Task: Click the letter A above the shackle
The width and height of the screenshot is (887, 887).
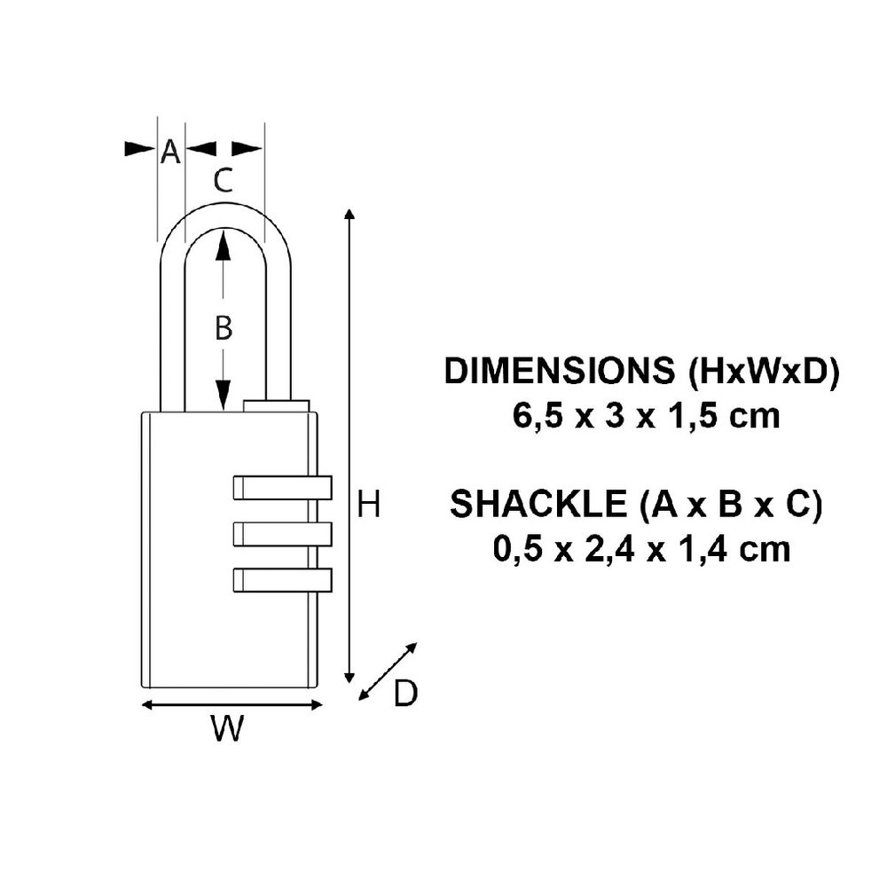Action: tap(170, 153)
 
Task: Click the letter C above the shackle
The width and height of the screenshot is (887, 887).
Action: tap(224, 181)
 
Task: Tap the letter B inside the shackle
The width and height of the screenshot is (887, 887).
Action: tap(224, 328)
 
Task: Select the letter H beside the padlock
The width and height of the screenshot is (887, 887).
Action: tap(368, 506)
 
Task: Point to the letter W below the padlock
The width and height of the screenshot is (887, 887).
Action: tap(228, 729)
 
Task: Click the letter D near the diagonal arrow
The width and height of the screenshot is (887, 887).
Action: tap(404, 694)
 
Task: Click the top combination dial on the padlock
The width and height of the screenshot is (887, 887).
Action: tap(281, 489)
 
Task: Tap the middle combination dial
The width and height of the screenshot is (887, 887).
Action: tap(281, 533)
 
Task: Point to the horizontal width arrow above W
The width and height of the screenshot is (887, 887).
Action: tap(232, 705)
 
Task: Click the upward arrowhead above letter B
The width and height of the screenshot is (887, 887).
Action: tap(224, 244)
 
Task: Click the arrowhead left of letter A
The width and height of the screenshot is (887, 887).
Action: tap(140, 148)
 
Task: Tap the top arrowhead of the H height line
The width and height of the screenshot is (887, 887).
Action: tap(350, 216)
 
